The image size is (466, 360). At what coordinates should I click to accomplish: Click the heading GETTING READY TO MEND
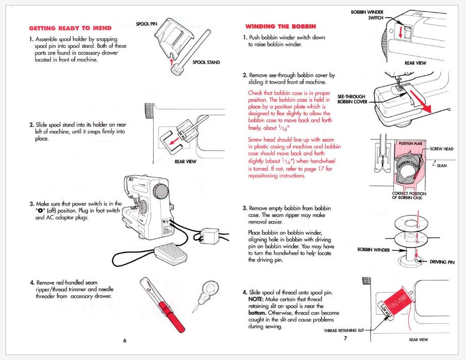[70, 28]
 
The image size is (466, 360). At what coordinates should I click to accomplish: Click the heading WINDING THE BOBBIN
[281, 27]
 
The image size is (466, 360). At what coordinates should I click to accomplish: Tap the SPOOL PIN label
[147, 24]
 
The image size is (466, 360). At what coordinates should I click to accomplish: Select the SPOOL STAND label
[206, 62]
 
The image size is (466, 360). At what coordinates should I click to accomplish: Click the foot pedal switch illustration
[171, 255]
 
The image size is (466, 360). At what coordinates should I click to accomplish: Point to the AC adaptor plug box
[210, 236]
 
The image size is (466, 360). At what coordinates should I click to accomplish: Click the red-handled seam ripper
[163, 305]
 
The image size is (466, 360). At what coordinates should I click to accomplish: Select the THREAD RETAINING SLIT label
[344, 330]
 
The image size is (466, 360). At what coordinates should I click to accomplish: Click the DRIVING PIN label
[442, 262]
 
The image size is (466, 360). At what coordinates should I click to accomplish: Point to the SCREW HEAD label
[442, 149]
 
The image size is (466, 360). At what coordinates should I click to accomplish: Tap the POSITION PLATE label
[411, 144]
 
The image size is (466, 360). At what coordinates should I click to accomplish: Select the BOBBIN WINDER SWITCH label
[367, 15]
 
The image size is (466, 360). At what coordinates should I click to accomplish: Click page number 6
[125, 340]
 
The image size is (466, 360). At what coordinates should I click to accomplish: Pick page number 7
[345, 338]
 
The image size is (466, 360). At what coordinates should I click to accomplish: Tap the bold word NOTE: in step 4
[256, 300]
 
